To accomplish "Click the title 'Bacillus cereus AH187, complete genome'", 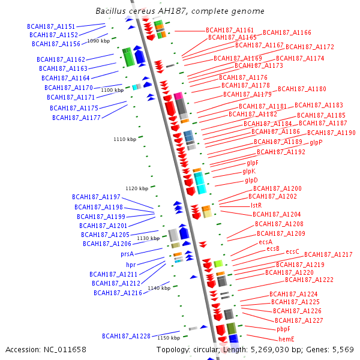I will (179, 11).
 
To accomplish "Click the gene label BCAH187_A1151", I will (51, 27).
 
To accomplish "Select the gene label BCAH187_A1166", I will (287, 32).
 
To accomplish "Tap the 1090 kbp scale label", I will (98, 41).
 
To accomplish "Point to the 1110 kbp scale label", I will (124, 139).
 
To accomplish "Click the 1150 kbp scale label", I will (169, 338).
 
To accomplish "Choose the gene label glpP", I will (316, 143).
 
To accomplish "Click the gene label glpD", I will (251, 180).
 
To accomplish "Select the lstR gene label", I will (256, 205).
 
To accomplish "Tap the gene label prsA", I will (127, 254).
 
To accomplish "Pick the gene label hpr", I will (130, 265).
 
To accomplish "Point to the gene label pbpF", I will (283, 329).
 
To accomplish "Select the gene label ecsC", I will (292, 251).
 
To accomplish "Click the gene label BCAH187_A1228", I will (125, 335).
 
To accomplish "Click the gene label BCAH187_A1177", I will (76, 118).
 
